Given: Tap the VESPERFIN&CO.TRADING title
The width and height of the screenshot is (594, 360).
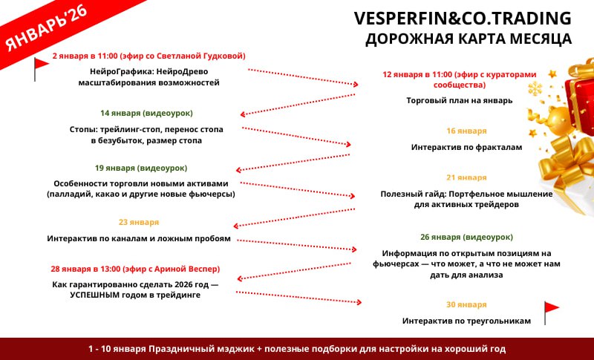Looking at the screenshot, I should click(x=463, y=18).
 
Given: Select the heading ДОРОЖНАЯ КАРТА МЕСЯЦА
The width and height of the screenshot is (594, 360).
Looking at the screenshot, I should click(x=468, y=39).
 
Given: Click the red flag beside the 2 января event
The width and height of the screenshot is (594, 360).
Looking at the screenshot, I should click(x=40, y=68).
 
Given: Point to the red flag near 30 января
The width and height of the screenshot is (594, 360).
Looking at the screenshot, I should click(x=551, y=310).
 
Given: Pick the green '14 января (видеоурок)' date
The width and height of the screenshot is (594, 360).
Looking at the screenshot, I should click(x=146, y=113).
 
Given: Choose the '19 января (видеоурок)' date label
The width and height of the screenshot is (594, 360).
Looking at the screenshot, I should click(x=141, y=168).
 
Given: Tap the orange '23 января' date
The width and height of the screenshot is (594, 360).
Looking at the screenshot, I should click(x=139, y=222).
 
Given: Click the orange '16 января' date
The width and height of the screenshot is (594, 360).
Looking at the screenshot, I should click(x=466, y=131).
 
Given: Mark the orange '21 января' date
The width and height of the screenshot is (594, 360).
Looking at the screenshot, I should click(x=466, y=177).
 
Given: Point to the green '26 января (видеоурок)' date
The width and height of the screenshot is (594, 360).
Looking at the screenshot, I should click(x=466, y=237).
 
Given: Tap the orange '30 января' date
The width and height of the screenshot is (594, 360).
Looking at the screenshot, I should click(x=466, y=304).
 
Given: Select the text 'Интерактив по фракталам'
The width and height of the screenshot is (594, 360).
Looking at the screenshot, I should click(x=466, y=147).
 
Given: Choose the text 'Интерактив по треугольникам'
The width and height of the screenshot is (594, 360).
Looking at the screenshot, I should click(x=466, y=321).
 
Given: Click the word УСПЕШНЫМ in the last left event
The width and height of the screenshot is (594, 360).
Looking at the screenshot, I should click(x=102, y=295).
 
